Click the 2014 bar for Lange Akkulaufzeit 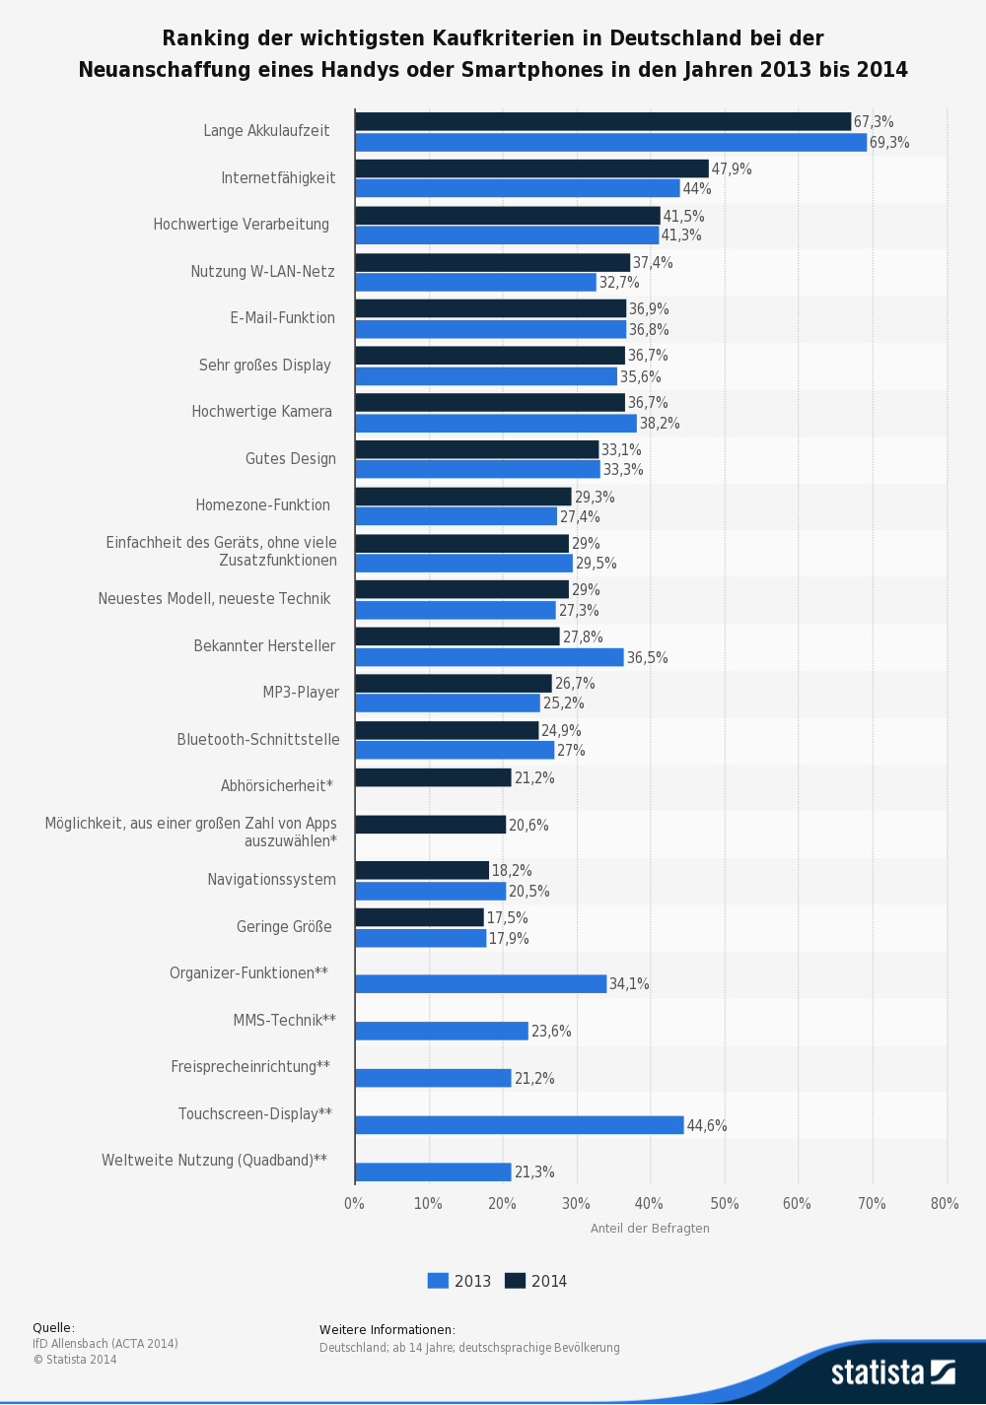[603, 122]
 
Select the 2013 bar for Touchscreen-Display [520, 1124]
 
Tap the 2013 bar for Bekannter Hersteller [489, 657]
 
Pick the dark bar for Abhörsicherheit [433, 777]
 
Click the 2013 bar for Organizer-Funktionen [481, 983]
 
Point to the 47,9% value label [732, 168]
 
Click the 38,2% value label [660, 424]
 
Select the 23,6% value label [551, 1032]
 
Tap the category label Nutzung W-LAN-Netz [262, 272]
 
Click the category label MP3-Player [301, 692]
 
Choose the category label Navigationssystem [272, 880]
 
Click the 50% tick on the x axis [725, 1204]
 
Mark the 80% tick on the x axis [945, 1204]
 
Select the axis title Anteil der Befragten [650, 1229]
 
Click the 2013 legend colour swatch [438, 1281]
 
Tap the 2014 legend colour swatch [516, 1281]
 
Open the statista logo [893, 1372]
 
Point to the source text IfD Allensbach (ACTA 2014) [106, 1344]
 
